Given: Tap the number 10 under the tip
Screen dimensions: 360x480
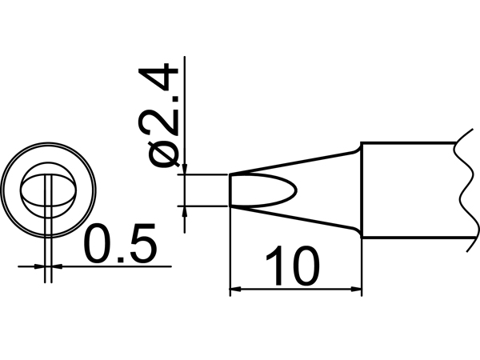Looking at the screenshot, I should pos(294,268).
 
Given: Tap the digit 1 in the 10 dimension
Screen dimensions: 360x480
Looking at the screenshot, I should pos(275,268).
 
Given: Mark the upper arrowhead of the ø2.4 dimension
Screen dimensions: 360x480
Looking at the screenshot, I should pos(185,169).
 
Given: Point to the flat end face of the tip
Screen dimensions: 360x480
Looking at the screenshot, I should pos(231,190).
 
